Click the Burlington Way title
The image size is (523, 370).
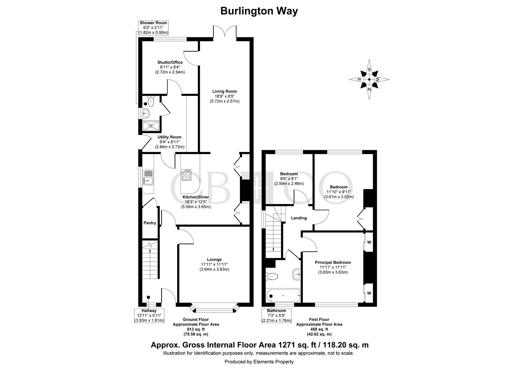[x=259, y=11]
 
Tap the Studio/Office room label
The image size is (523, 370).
[x=170, y=62]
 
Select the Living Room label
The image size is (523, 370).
[x=225, y=91]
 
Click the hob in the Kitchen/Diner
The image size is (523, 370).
[x=186, y=175]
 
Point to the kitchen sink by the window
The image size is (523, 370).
[x=148, y=177]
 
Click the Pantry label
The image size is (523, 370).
[x=150, y=223]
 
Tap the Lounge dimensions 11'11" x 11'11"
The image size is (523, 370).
[x=214, y=264]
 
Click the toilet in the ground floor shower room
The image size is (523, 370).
[x=151, y=101]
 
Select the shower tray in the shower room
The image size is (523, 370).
[x=151, y=125]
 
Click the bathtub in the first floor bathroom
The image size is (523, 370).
[x=283, y=295]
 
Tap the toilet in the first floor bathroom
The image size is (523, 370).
[x=272, y=276]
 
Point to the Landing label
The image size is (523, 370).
[x=299, y=218]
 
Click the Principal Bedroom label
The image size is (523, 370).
[x=333, y=262]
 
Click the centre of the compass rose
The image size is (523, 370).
[x=369, y=79]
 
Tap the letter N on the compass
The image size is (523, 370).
[x=369, y=89]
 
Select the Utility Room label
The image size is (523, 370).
[x=169, y=137]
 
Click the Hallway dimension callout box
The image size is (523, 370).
[x=149, y=316]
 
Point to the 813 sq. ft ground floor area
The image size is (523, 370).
[x=196, y=329]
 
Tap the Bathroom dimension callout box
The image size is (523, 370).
[x=277, y=316]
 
